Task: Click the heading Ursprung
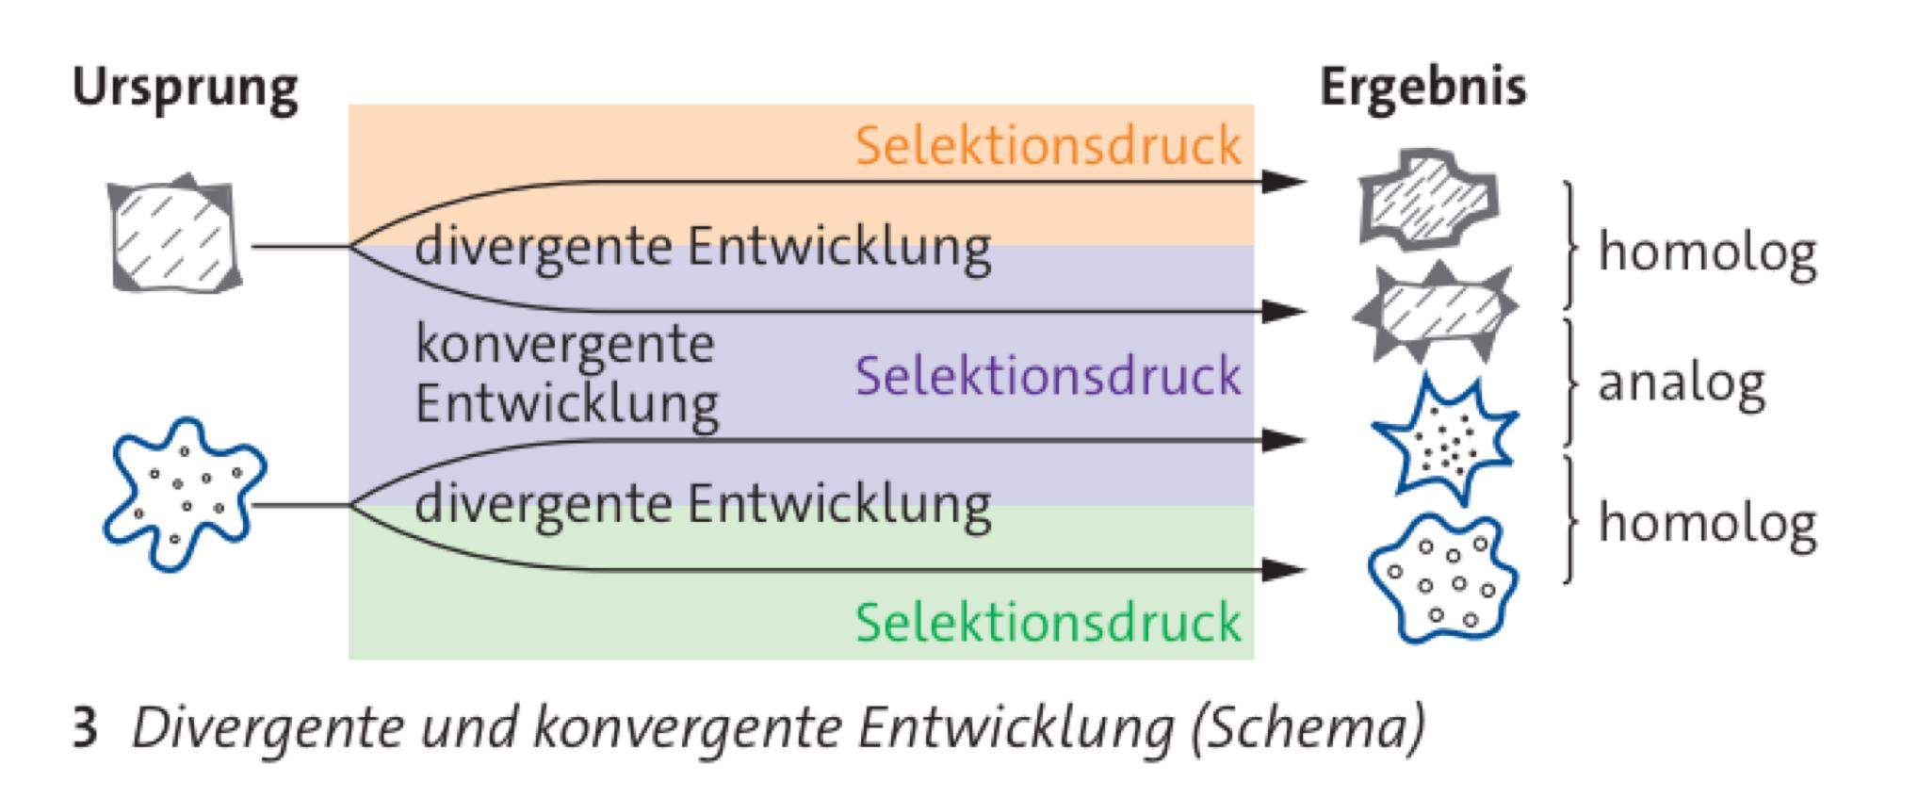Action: (185, 90)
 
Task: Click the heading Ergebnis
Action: (1422, 88)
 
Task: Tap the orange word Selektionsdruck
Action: (1048, 147)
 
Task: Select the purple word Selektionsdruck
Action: (1048, 377)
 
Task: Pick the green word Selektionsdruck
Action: (1048, 624)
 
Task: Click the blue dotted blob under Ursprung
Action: (184, 494)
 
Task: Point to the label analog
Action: (1681, 383)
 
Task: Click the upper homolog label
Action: (1706, 252)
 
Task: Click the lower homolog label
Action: (1706, 523)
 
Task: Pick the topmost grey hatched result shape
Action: (1428, 199)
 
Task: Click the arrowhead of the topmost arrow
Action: (1284, 181)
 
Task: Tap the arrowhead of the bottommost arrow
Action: (1284, 569)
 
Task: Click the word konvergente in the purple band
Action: (564, 344)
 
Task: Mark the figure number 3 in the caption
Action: (85, 728)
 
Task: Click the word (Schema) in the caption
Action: (1308, 728)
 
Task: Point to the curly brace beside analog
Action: (1569, 383)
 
